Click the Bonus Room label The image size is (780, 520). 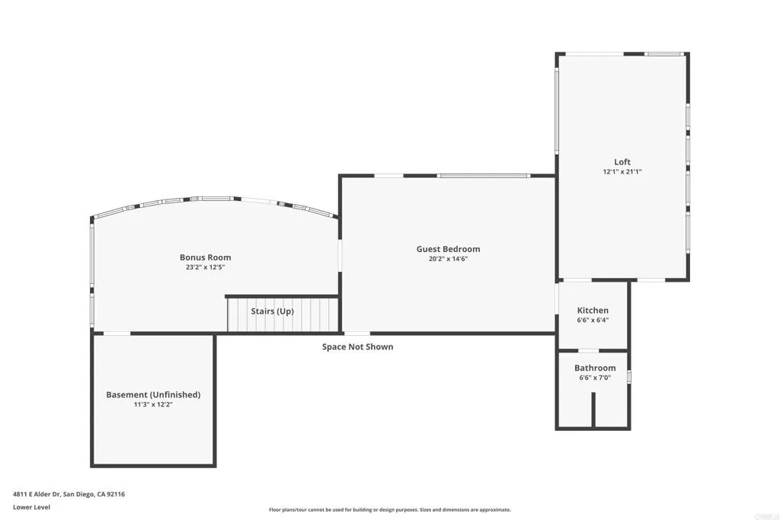205,257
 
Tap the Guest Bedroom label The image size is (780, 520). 448,249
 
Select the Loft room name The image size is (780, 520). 622,161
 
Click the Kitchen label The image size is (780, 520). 593,311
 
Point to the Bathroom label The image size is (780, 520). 595,368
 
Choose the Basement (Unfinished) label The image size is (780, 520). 153,394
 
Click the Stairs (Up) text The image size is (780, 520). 272,311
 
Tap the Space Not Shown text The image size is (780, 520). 357,347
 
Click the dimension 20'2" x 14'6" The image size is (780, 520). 448,259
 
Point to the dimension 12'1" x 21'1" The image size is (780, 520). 622,172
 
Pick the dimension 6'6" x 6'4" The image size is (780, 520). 593,321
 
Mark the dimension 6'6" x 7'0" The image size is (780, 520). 595,378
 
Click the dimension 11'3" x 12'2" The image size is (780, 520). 153,405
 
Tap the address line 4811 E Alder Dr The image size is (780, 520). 69,494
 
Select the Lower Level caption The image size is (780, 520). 31,507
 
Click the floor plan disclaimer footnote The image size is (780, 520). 389,510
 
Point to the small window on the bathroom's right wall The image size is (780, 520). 629,376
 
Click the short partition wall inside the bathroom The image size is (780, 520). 593,411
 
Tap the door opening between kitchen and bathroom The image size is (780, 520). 589,350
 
